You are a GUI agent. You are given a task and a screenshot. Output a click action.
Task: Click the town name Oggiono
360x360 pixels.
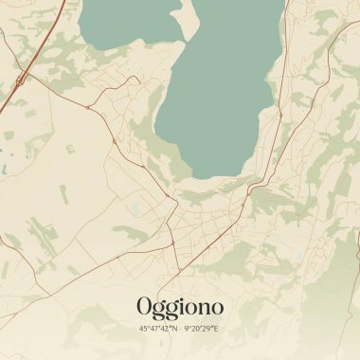180,307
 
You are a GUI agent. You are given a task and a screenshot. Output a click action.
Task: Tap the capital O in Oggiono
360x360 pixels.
145,306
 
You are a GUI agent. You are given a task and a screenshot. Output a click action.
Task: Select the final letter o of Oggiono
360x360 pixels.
216,308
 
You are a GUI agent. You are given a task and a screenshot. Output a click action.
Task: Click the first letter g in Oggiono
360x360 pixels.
160,310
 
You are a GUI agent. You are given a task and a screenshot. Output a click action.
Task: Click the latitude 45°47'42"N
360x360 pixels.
156,328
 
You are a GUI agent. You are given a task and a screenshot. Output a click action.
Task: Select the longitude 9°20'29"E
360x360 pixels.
201,328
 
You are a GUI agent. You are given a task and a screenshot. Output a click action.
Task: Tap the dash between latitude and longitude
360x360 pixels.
179,328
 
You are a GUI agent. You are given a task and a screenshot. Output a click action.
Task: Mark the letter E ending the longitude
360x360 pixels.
217,328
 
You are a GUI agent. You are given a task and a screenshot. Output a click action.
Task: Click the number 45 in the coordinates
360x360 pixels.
143,328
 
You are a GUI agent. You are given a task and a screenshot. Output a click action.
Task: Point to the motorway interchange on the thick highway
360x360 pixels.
20,79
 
